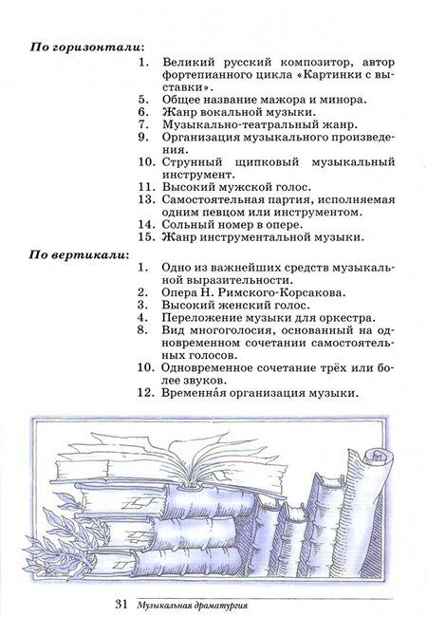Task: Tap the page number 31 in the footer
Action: click(x=121, y=605)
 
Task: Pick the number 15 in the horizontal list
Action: click(x=144, y=237)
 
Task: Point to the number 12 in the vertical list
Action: click(x=144, y=392)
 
